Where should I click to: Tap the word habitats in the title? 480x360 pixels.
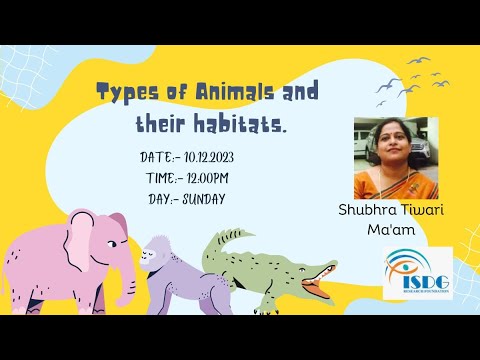(x=243, y=127)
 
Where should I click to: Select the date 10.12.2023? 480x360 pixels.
(x=231, y=158)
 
